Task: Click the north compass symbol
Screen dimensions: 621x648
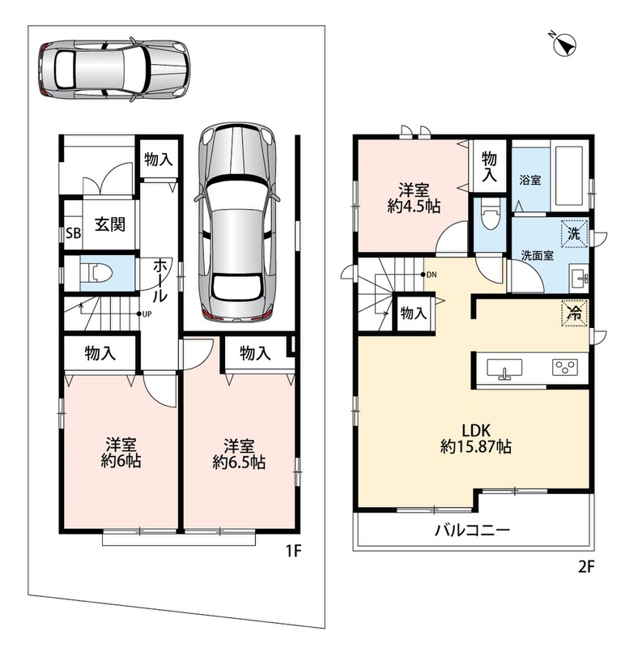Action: tap(564, 45)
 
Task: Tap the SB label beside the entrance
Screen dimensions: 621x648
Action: tap(74, 233)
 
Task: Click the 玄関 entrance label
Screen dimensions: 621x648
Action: tap(110, 224)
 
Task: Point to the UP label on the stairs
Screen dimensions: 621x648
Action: tap(147, 314)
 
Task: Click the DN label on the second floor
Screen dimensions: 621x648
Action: tap(432, 275)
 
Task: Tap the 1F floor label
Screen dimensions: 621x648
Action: tap(294, 551)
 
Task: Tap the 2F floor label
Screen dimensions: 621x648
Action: tap(586, 566)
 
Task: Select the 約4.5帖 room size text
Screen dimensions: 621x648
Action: tap(414, 206)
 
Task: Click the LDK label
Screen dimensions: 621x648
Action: tap(475, 431)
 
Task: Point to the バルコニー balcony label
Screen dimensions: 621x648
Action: tap(473, 531)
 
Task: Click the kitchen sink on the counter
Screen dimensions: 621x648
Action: tap(504, 369)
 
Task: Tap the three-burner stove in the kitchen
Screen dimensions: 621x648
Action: tap(565, 367)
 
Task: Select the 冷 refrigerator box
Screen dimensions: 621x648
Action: tap(574, 313)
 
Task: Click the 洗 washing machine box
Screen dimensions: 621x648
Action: tap(574, 234)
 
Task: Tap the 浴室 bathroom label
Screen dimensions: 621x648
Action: tap(530, 180)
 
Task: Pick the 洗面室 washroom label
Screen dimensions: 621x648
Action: tap(537, 255)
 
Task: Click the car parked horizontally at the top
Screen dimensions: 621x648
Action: tap(115, 70)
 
